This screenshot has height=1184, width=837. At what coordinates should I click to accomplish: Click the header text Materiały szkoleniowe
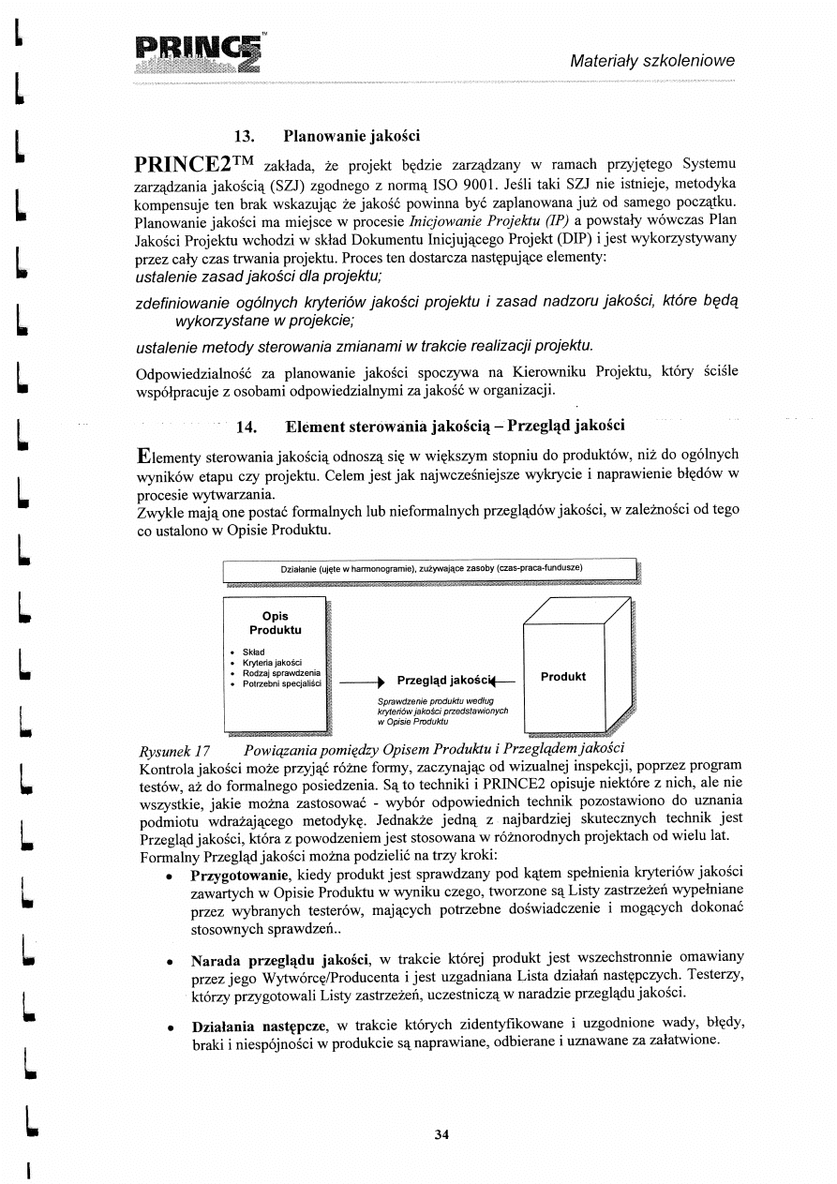(652, 61)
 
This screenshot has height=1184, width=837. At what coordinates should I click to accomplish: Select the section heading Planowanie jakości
(351, 134)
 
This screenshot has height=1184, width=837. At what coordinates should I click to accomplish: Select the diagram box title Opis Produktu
(275, 622)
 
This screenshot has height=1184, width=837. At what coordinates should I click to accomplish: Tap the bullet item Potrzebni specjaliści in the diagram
(280, 684)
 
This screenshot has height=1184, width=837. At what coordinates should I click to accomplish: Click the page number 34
(442, 1134)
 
